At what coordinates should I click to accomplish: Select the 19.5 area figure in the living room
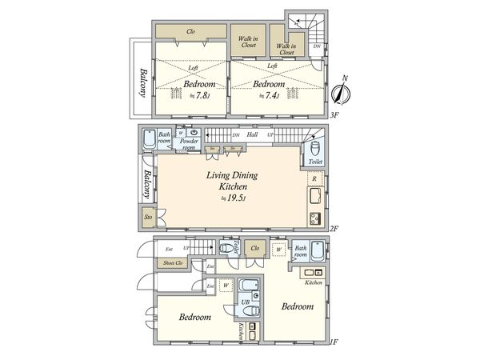pos(235,198)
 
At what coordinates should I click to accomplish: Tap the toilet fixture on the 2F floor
pos(315,149)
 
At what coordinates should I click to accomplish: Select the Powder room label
pos(189,145)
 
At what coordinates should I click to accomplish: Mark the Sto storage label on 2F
pos(148,217)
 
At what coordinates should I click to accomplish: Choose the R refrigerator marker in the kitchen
pos(315,178)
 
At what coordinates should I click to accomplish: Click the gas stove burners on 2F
pos(314,218)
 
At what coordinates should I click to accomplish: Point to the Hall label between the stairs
pos(252,135)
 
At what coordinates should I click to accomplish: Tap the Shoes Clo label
pos(170,264)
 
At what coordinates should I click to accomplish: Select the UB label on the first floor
pos(245,302)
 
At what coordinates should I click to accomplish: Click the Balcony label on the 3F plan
pos(141,82)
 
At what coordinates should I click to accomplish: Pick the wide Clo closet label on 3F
pos(190,32)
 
